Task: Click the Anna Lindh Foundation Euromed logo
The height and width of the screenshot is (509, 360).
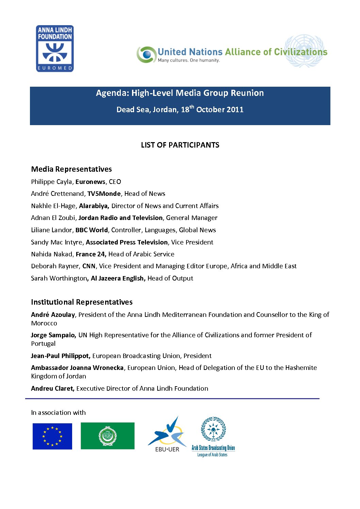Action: click(55, 49)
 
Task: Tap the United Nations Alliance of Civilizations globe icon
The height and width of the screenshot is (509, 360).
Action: click(146, 54)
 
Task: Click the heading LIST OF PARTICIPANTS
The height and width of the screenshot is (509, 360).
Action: click(180, 145)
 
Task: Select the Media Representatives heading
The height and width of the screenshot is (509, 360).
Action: click(71, 169)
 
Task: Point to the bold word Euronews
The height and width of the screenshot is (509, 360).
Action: click(90, 182)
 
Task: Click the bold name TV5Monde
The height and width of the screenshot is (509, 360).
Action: click(104, 194)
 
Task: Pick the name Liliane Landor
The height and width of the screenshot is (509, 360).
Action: click(51, 230)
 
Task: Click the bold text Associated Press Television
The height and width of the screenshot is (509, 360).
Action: click(127, 242)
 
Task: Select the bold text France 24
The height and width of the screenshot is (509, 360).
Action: click(91, 254)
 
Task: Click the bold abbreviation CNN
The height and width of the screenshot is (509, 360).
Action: click(89, 266)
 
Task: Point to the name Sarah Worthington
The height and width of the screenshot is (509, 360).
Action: click(59, 278)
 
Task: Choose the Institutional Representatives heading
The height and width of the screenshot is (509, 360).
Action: click(82, 302)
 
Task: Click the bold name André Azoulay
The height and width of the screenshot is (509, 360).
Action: click(53, 315)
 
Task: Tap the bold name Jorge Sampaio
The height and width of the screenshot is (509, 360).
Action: click(53, 335)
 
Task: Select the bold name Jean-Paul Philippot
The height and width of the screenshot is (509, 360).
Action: click(60, 356)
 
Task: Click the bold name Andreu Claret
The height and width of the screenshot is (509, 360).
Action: click(52, 389)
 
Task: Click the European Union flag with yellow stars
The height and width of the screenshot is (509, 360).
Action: click(52, 436)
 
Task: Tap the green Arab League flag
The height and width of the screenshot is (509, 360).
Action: click(108, 436)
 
